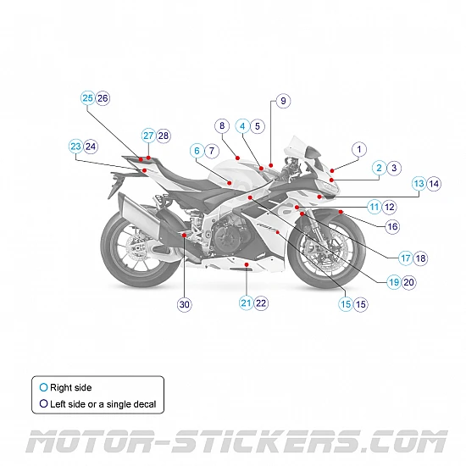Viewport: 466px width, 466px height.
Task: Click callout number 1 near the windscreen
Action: click(358, 149)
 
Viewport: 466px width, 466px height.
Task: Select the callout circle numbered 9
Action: click(283, 101)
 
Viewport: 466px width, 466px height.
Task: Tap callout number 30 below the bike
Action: click(185, 305)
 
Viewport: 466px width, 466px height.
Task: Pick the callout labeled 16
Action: click(392, 226)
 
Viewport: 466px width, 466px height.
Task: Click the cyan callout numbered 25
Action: click(88, 98)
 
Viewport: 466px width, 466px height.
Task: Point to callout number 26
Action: click(103, 98)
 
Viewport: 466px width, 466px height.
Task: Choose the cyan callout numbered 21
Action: click(246, 302)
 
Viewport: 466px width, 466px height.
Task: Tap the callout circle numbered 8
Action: click(222, 126)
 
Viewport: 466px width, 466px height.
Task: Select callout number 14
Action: click(434, 183)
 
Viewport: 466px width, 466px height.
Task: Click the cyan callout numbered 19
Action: click(394, 282)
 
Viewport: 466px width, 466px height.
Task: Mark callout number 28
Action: click(164, 136)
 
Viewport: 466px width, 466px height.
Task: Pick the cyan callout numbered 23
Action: click(75, 147)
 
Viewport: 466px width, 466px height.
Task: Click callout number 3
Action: click(394, 168)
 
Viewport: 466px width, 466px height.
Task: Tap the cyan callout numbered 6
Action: click(197, 151)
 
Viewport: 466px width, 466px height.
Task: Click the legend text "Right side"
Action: click(73, 387)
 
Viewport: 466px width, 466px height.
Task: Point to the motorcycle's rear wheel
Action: click(134, 251)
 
